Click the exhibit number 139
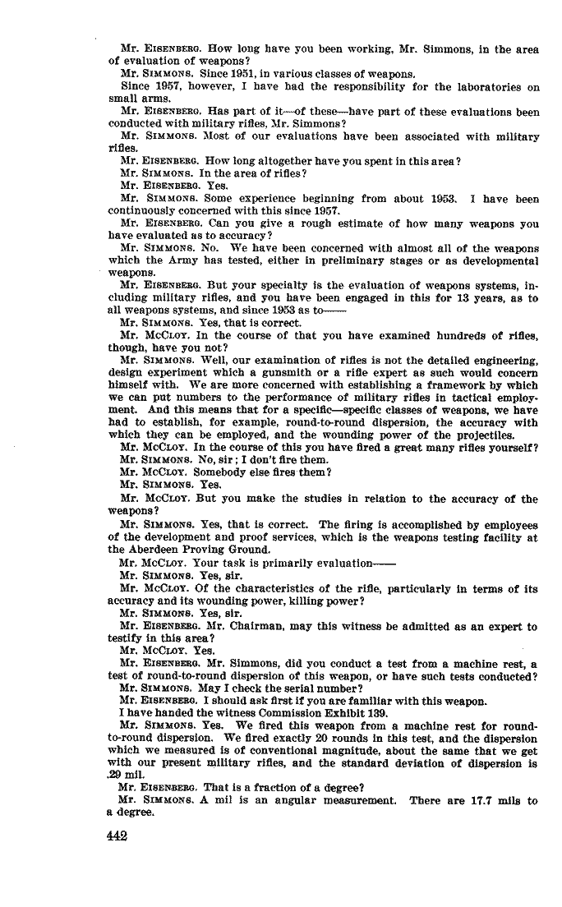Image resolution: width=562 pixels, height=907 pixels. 383,713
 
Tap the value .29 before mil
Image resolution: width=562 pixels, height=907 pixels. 117,776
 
